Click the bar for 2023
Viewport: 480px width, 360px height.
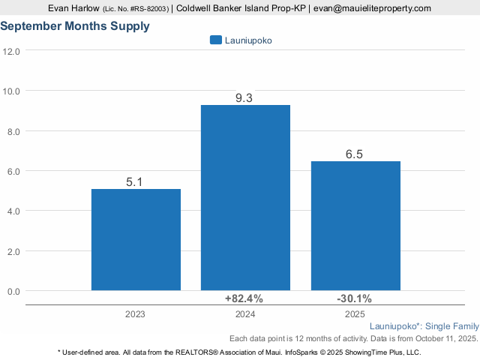tap(136, 239)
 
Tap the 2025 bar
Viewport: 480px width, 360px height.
tap(355, 225)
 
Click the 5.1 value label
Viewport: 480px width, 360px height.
tap(136, 181)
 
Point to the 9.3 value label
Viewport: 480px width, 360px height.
tap(245, 97)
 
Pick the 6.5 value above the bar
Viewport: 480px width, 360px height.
tap(355, 154)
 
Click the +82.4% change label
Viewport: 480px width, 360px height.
tap(244, 298)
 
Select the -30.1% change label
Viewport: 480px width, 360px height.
tap(353, 298)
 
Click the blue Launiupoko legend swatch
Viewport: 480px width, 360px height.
tap(216, 40)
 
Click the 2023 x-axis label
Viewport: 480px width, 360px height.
tap(136, 315)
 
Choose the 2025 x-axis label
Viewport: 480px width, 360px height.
tap(355, 315)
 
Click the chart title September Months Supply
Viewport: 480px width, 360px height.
tap(75, 26)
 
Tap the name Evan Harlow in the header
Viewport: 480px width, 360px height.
tap(73, 8)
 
